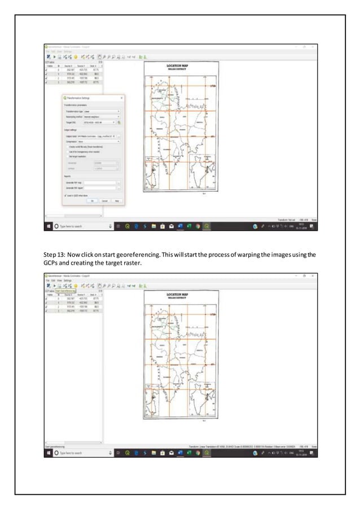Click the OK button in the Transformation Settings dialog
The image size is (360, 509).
(x=92, y=200)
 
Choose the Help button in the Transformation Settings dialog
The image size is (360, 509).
(x=117, y=200)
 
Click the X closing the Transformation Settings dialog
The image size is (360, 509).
(x=122, y=98)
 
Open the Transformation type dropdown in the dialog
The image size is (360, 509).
(x=102, y=112)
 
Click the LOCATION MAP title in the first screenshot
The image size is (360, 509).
(x=177, y=66)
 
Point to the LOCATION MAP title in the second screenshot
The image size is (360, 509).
(x=177, y=295)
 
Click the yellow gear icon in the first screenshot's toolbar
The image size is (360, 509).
(x=75, y=57)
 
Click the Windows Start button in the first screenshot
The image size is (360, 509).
(x=49, y=226)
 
